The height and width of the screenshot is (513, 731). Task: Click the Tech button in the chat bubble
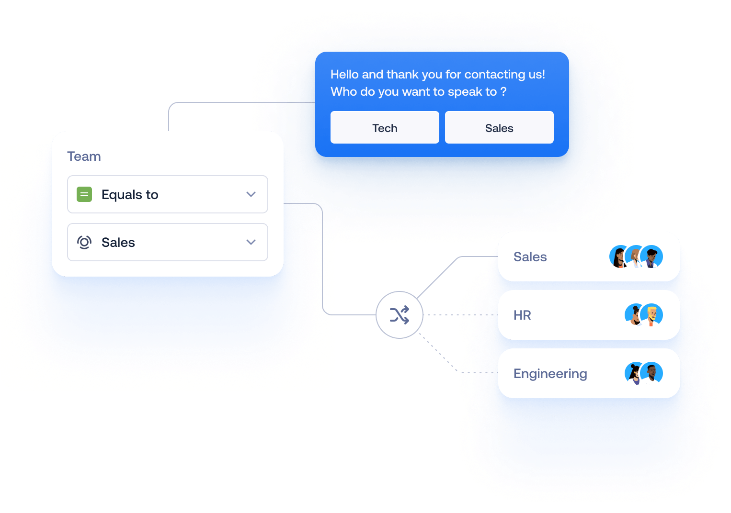tap(385, 128)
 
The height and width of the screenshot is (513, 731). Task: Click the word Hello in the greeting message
tap(344, 75)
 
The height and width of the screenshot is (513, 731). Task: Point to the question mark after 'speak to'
tap(503, 92)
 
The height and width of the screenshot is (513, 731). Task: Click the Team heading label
tap(84, 156)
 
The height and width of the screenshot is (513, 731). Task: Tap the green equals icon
tap(84, 194)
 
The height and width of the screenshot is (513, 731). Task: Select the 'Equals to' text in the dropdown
tap(130, 195)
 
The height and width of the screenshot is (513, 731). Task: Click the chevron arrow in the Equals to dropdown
tap(251, 194)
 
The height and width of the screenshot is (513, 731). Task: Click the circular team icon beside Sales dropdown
tap(84, 243)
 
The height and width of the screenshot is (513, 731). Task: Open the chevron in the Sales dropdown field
tap(251, 242)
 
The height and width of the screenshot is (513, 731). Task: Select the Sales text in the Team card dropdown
tap(118, 243)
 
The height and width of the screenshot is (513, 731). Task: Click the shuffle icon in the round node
tap(400, 315)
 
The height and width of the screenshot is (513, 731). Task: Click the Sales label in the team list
tap(530, 257)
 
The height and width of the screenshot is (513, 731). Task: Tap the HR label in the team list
tap(522, 315)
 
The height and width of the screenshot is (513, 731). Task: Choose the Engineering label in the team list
tap(550, 374)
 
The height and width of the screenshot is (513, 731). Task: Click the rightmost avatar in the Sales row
tap(652, 257)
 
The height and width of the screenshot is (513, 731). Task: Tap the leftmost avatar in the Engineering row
tap(635, 373)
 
